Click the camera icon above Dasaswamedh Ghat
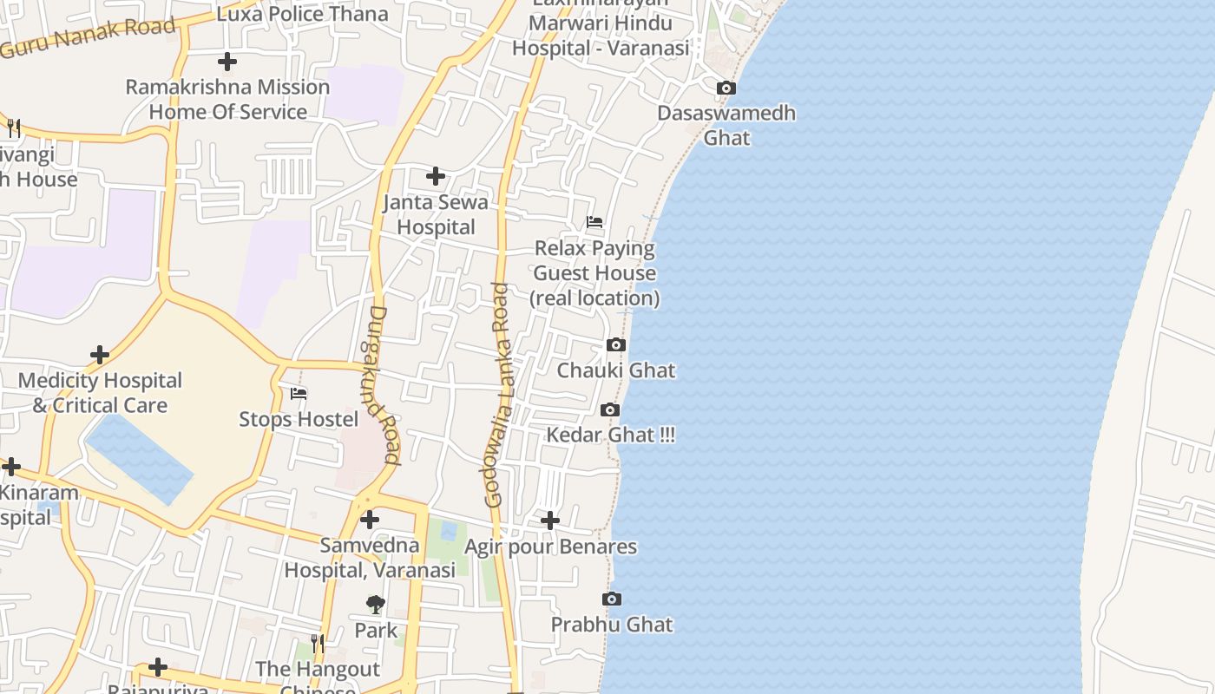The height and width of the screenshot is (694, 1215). click(x=726, y=88)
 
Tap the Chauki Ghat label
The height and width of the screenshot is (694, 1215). click(x=615, y=370)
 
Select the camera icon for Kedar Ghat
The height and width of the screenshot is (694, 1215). click(x=610, y=410)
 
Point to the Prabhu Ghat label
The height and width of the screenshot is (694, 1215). click(x=612, y=625)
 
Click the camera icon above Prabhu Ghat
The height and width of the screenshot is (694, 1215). click(x=612, y=599)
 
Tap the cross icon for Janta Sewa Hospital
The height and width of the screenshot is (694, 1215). click(x=436, y=177)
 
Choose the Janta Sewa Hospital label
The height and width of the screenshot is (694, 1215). click(x=436, y=214)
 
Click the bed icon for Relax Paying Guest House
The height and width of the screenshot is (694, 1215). click(x=594, y=222)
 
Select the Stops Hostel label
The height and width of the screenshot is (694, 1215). click(x=299, y=420)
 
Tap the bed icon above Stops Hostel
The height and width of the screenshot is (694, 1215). click(x=299, y=394)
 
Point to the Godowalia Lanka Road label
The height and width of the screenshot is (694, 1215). click(x=497, y=395)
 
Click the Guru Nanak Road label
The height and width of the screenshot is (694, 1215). click(x=87, y=37)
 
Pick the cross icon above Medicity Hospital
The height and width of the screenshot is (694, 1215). click(x=100, y=355)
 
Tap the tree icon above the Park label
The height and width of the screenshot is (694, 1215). click(x=376, y=604)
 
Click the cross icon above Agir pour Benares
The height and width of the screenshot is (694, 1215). click(x=550, y=520)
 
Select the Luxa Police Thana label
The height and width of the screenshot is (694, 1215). click(x=302, y=14)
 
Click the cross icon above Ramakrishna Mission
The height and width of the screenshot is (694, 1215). click(x=227, y=62)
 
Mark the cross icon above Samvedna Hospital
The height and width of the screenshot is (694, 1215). click(x=370, y=520)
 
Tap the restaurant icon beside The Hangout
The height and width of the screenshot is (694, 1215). click(x=318, y=644)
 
